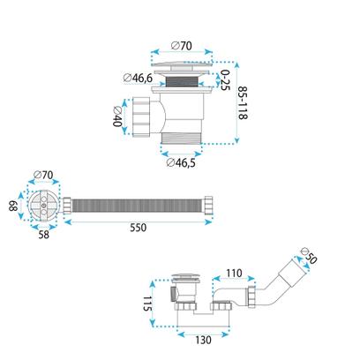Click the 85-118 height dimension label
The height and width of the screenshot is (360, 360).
243,102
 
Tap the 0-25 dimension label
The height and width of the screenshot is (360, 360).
225,80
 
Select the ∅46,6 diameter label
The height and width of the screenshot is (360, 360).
138,78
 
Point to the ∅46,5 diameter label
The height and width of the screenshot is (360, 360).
181,162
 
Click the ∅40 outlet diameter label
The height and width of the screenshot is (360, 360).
117,116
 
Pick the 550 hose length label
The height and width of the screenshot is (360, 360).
138,228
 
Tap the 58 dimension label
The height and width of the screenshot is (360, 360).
44,235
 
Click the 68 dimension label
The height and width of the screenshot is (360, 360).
13,206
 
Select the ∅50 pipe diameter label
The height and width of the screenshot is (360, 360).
310,256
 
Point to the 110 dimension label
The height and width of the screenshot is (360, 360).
234,274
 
